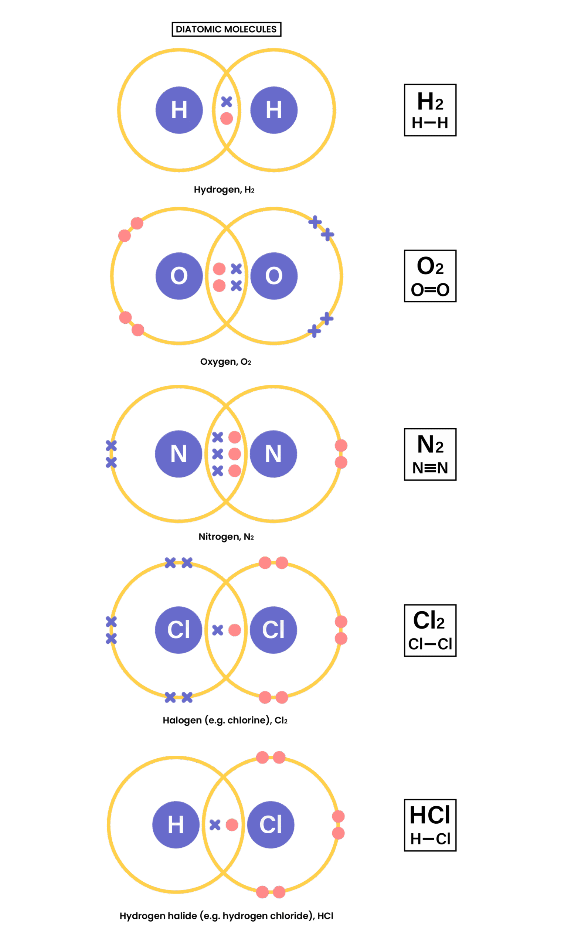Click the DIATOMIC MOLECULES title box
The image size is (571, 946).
click(x=226, y=29)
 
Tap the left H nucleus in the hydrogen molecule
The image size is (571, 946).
click(x=179, y=110)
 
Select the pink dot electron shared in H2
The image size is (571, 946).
click(x=227, y=118)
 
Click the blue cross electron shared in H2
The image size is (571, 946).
click(x=227, y=102)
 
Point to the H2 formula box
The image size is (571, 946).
click(x=430, y=110)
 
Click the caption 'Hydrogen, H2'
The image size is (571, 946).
click(x=224, y=190)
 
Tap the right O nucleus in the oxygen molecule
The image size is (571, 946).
click(x=274, y=276)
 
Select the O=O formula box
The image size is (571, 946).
click(x=430, y=276)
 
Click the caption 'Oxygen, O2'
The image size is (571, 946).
click(x=225, y=362)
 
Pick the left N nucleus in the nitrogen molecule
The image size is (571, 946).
click(x=179, y=454)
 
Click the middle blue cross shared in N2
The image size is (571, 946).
click(x=218, y=454)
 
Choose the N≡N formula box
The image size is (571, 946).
click(x=430, y=454)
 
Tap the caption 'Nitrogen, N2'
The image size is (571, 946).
click(x=226, y=536)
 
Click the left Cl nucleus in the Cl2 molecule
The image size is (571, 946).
click(x=179, y=630)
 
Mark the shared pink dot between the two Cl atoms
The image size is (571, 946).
click(x=235, y=630)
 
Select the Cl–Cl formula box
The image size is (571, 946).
click(x=430, y=630)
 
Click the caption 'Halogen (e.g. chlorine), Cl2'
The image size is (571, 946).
click(x=225, y=720)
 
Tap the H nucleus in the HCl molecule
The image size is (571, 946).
click(x=176, y=825)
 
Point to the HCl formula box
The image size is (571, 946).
click(x=430, y=825)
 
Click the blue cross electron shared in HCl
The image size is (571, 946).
click(x=215, y=825)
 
